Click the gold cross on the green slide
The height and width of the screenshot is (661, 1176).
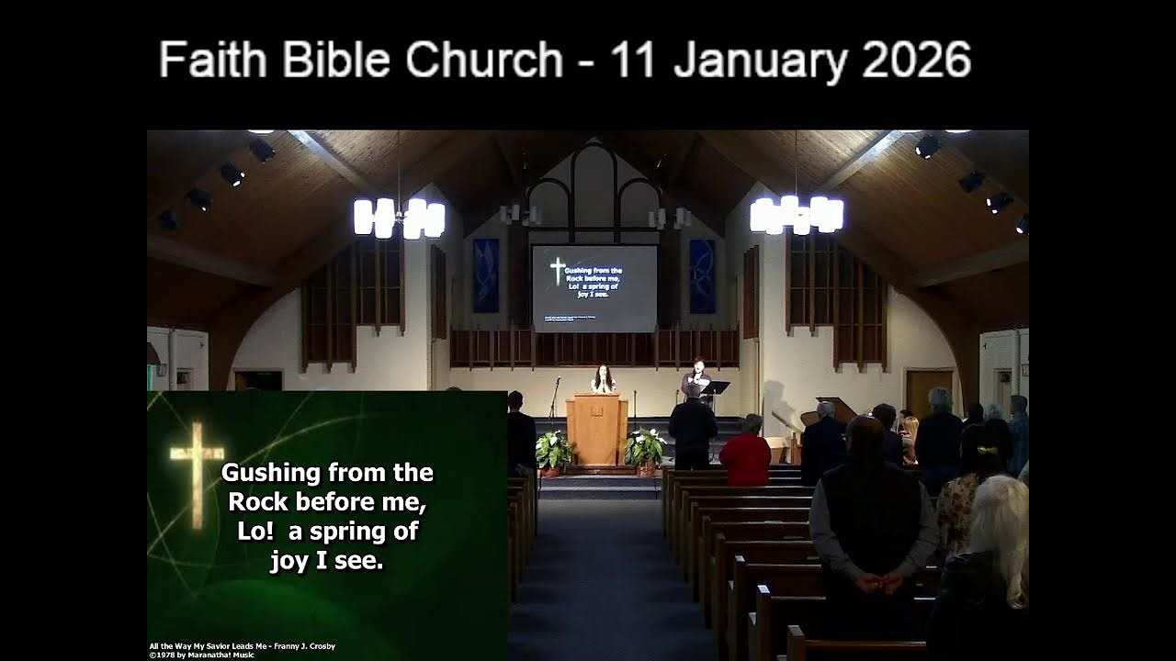click(197, 474)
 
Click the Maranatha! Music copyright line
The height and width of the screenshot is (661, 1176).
click(202, 655)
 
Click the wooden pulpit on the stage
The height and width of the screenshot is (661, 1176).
click(596, 428)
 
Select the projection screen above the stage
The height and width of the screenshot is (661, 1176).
click(594, 287)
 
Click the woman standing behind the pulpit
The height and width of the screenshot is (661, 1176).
click(603, 379)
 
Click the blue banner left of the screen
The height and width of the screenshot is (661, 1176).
click(486, 275)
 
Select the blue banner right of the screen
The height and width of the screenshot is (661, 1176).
click(702, 275)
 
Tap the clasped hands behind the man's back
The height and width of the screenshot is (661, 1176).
click(876, 581)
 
